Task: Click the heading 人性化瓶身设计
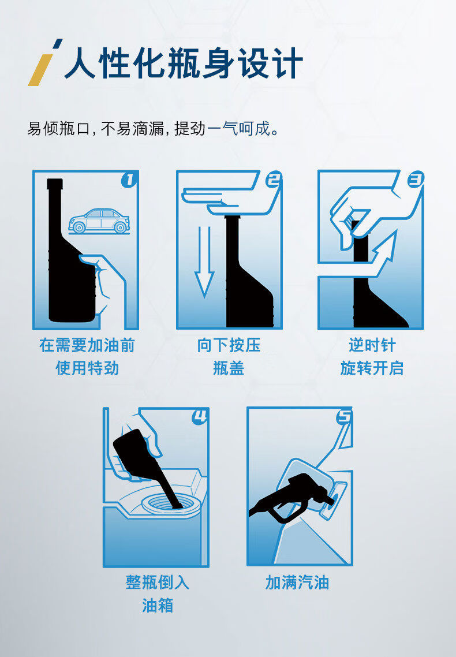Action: click(x=184, y=64)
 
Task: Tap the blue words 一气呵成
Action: click(x=239, y=128)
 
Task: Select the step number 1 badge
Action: click(x=129, y=180)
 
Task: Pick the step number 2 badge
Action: click(x=274, y=180)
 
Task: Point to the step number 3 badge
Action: click(x=416, y=180)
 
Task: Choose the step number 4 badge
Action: click(x=200, y=416)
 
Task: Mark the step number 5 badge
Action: click(x=344, y=416)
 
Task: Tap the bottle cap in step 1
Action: click(x=55, y=184)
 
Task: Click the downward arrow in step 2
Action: click(x=205, y=262)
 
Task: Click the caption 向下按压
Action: click(x=229, y=346)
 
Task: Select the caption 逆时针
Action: click(x=372, y=346)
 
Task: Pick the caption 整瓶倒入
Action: click(x=158, y=583)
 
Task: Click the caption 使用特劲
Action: click(x=87, y=369)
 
